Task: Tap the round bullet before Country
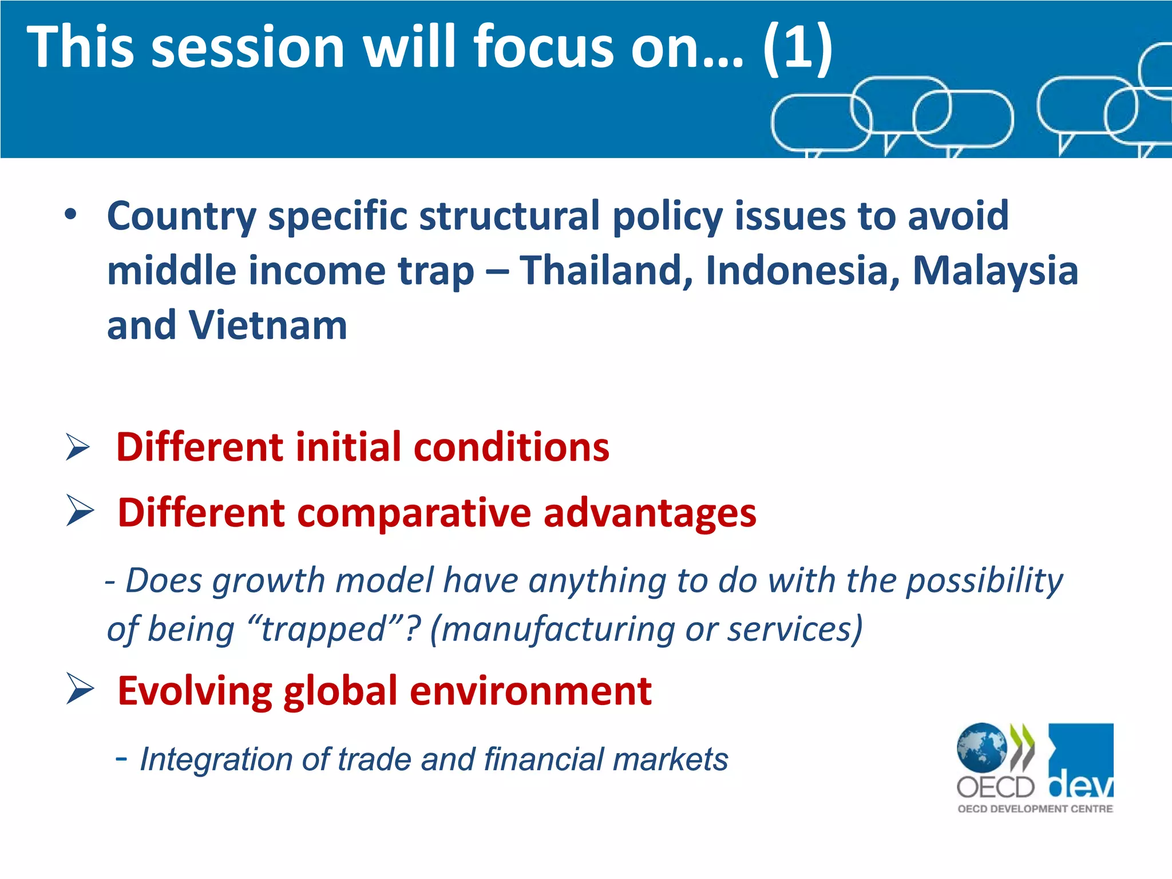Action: click(70, 215)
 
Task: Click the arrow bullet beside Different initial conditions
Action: click(78, 447)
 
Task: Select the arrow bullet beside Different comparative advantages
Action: click(80, 510)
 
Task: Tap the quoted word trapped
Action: click(324, 629)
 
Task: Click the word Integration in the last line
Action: click(216, 759)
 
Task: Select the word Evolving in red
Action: click(195, 691)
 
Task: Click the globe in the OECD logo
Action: click(981, 747)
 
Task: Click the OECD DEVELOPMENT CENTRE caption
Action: click(1035, 809)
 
